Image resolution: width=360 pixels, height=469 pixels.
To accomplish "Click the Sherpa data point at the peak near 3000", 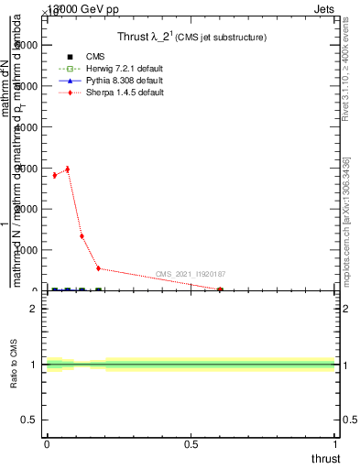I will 67,169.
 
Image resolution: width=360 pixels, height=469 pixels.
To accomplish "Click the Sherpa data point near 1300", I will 82,235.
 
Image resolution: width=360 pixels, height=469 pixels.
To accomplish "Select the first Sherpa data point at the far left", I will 54,175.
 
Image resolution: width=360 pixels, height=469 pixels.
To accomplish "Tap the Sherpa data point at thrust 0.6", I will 220,289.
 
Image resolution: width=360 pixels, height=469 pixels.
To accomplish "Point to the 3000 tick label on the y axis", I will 27,168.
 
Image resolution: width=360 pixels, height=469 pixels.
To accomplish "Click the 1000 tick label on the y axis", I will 27,250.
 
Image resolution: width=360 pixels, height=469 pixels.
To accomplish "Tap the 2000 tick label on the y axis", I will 27,209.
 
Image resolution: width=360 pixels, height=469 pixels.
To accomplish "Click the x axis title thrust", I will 324,459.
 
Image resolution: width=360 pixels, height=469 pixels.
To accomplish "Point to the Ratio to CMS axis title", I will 14,365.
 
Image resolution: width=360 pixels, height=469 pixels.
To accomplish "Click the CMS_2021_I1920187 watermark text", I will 190,274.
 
